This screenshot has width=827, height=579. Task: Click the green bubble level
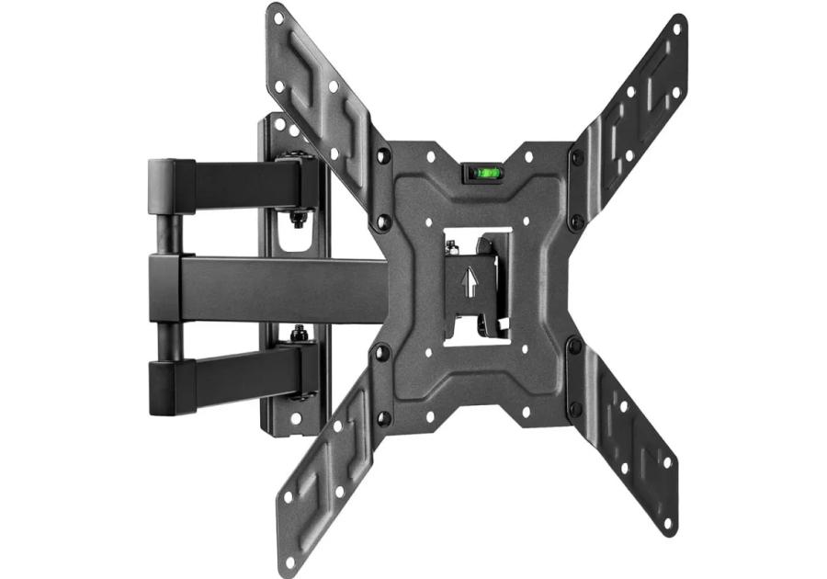click(482, 171)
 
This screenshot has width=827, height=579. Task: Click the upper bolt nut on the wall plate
click(299, 219)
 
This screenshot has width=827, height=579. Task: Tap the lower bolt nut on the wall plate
click(298, 335)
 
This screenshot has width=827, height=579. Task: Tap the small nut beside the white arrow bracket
click(452, 246)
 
